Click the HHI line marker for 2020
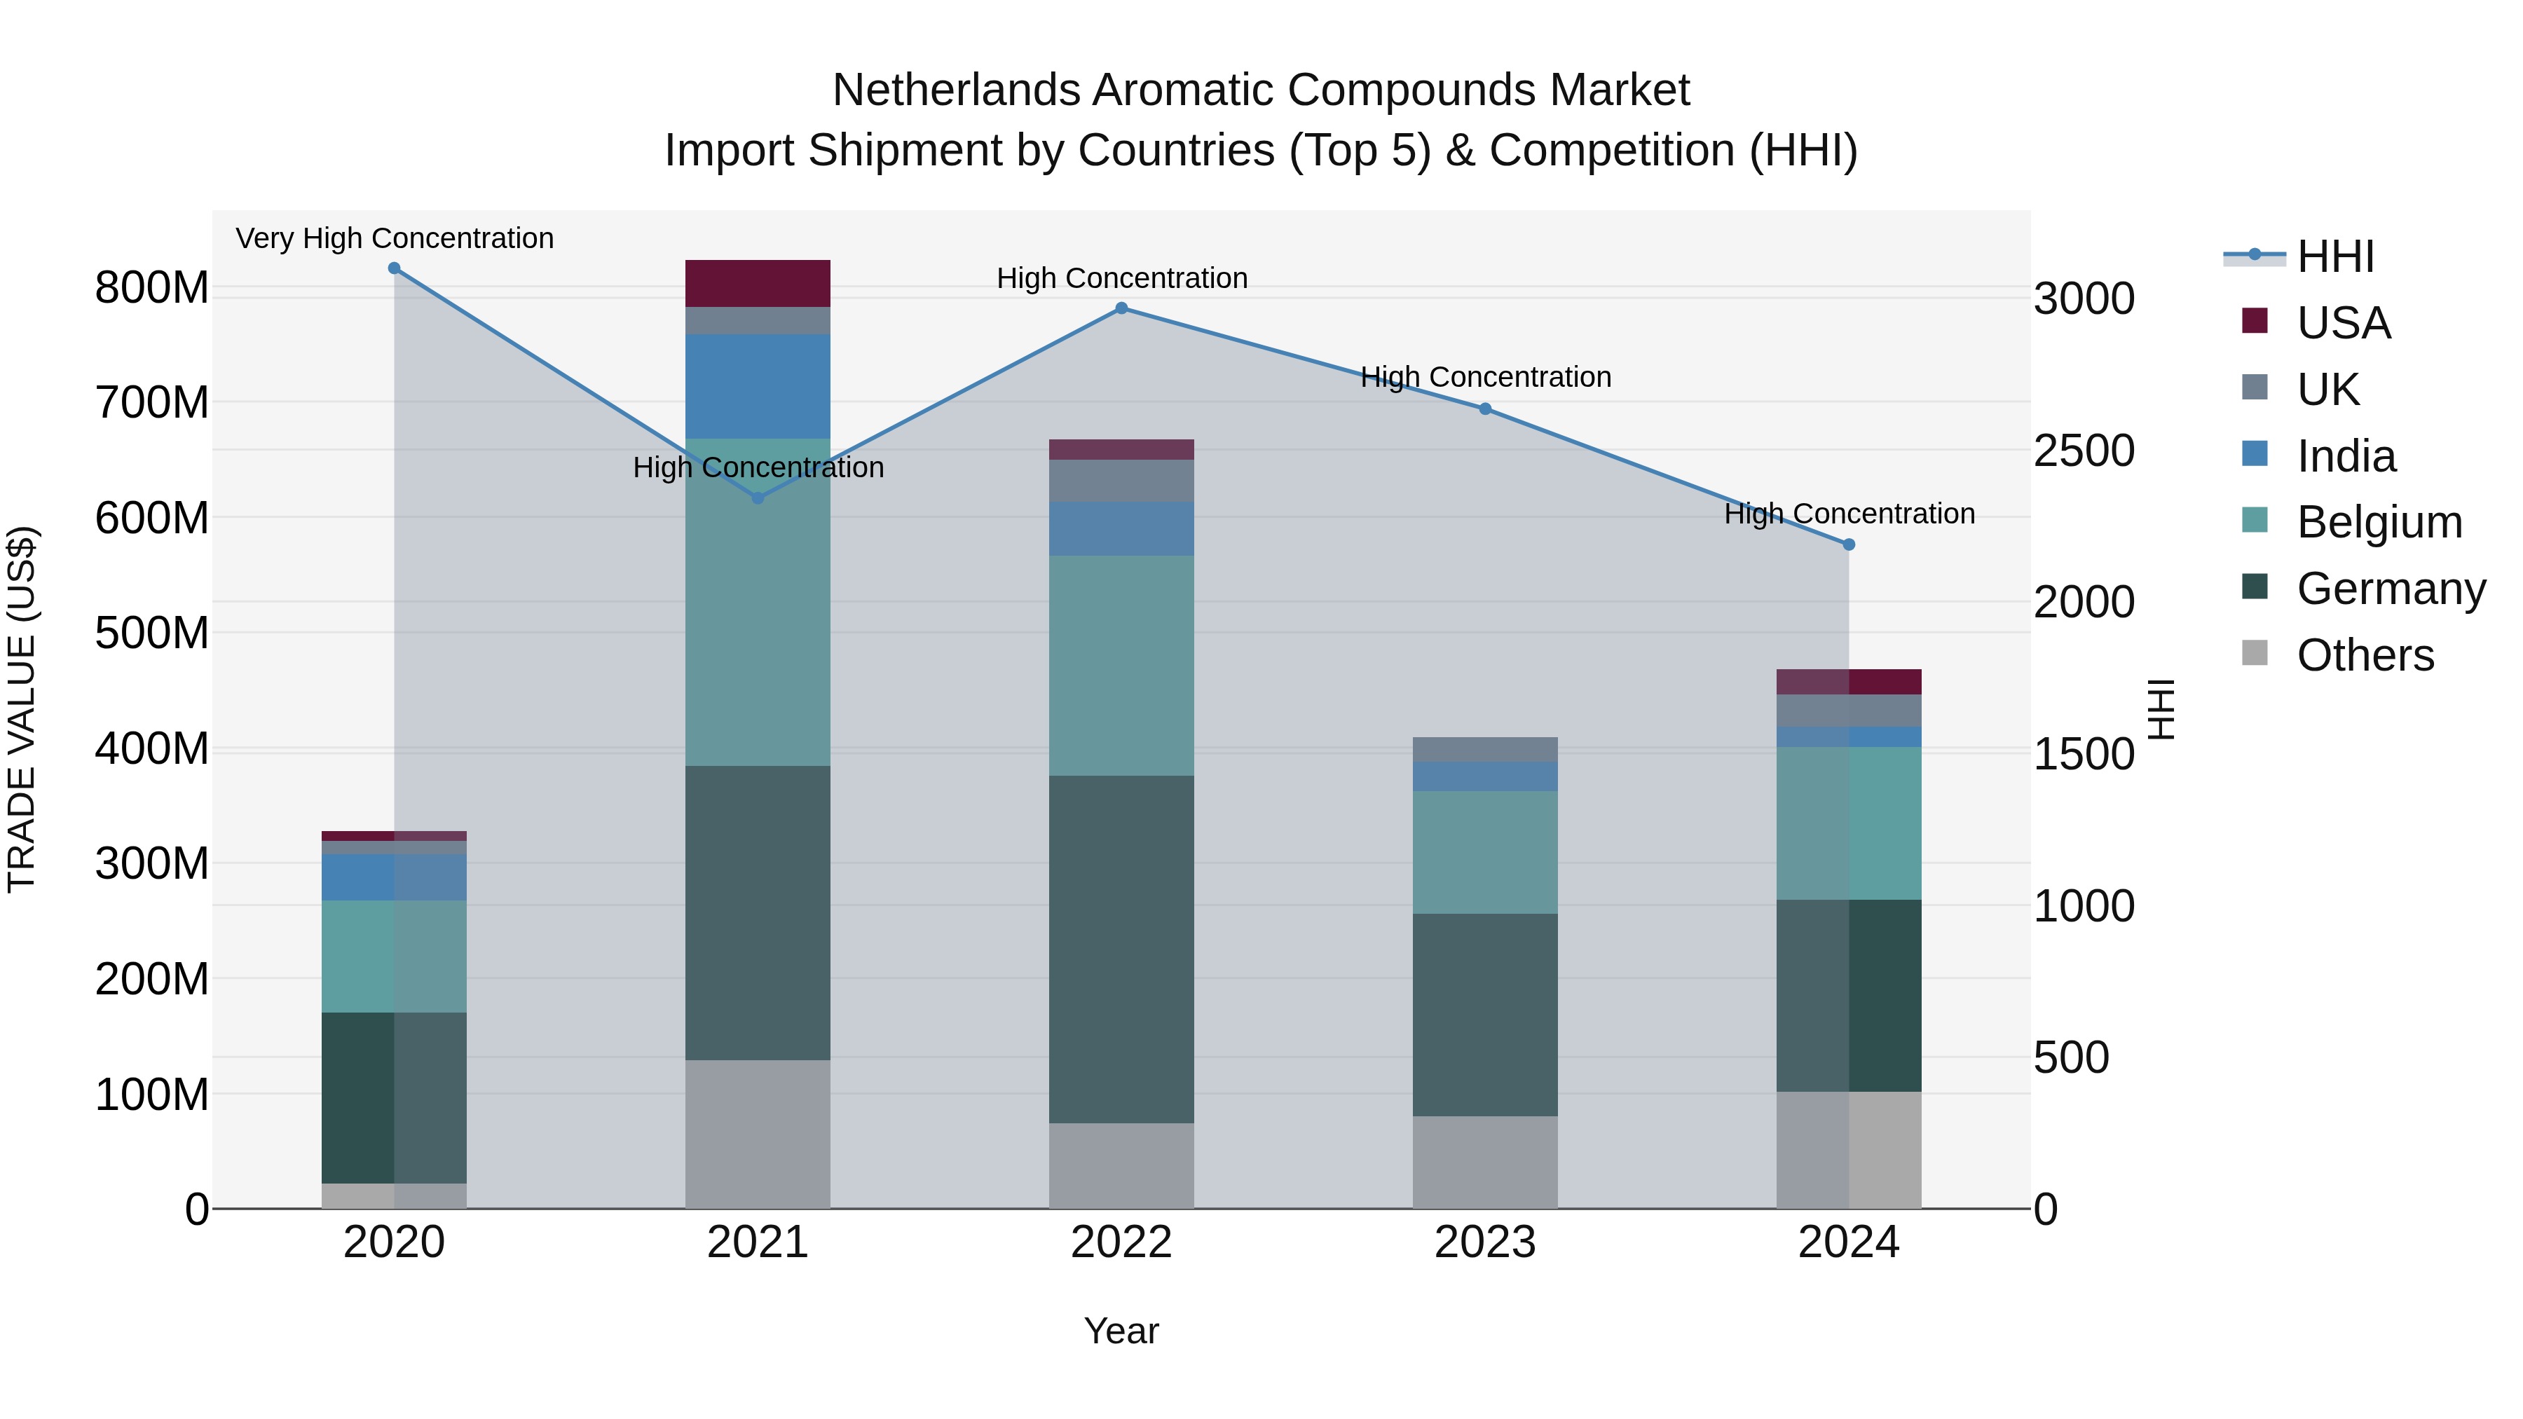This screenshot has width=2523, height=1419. point(394,268)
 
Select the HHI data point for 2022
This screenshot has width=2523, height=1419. point(1121,308)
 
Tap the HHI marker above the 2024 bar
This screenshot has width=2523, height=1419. point(1848,544)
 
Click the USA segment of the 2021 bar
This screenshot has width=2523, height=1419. point(757,283)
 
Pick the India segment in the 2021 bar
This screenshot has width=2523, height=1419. point(757,386)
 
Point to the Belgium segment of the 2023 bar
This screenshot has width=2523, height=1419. point(1485,852)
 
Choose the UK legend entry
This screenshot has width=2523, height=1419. point(2327,390)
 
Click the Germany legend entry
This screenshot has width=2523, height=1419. point(2390,589)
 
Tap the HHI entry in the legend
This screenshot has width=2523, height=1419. point(2335,256)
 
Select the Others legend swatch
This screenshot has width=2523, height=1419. point(2255,653)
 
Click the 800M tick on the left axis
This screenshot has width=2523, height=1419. point(152,288)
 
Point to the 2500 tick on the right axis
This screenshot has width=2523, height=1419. point(2084,451)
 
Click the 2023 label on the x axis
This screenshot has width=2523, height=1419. point(1485,1242)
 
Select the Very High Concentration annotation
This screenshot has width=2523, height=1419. point(395,238)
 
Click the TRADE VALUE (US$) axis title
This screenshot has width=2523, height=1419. point(22,709)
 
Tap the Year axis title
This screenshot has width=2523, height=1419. point(1121,1331)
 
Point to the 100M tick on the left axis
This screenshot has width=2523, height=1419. point(152,1094)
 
